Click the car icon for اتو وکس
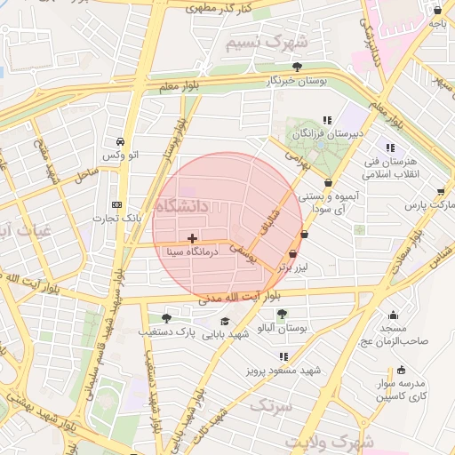[x=120, y=141]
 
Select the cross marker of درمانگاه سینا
[x=193, y=238]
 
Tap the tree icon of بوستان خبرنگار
[x=298, y=67]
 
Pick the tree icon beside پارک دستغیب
[x=166, y=318]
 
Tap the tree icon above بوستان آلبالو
[x=282, y=314]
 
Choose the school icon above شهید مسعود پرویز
[x=283, y=356]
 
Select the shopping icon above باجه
[x=437, y=11]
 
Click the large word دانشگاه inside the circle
[x=181, y=205]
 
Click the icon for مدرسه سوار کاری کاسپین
[x=401, y=370]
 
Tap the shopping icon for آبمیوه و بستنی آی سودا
[x=329, y=183]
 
